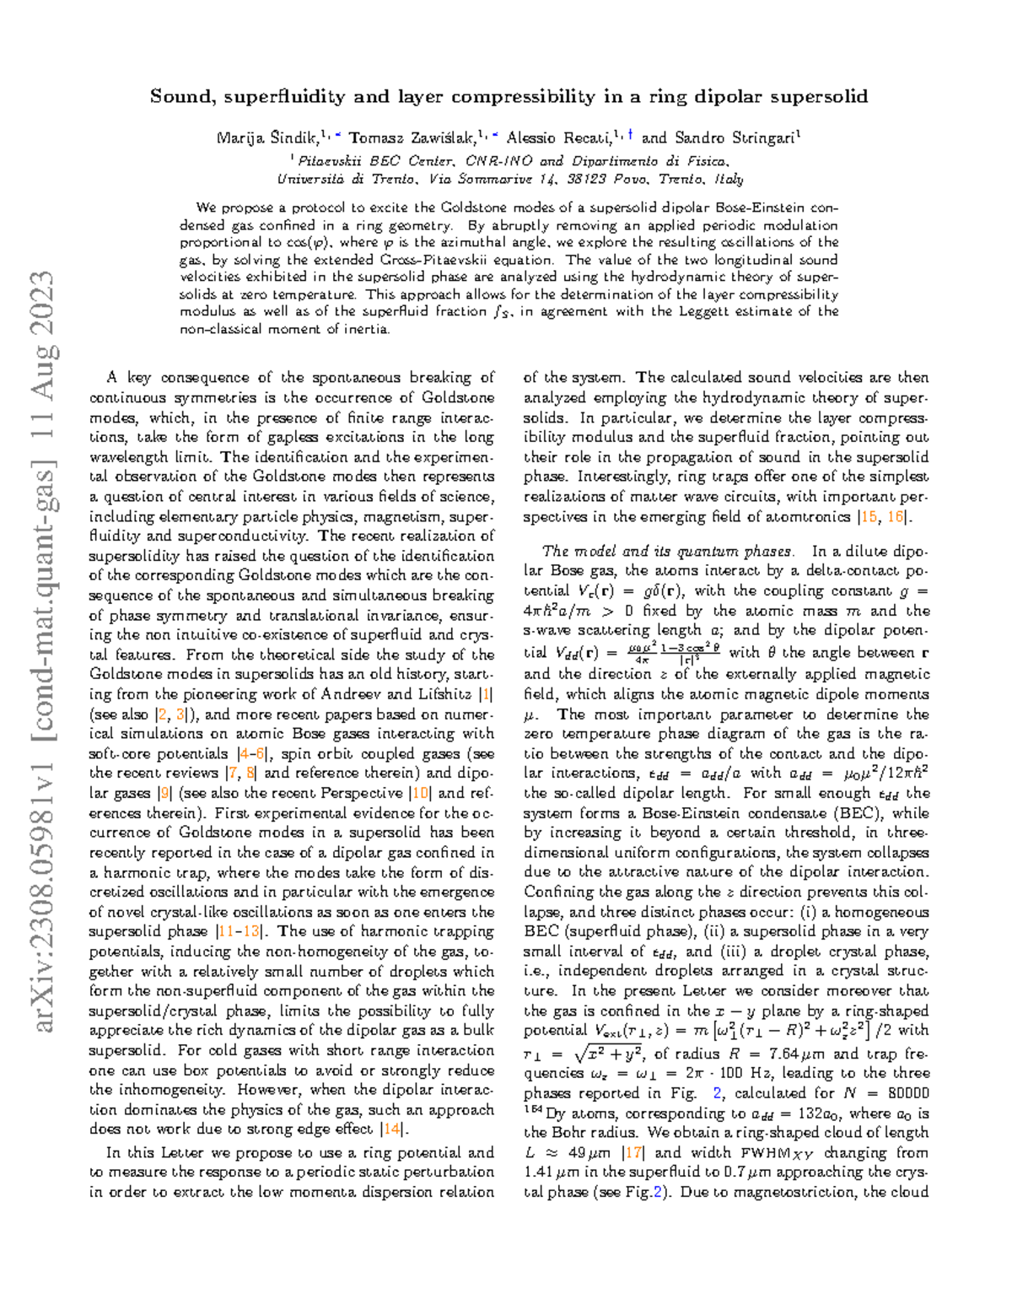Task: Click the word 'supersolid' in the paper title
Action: pyautogui.click(x=822, y=97)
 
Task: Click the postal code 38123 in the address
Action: pyautogui.click(x=585, y=179)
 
